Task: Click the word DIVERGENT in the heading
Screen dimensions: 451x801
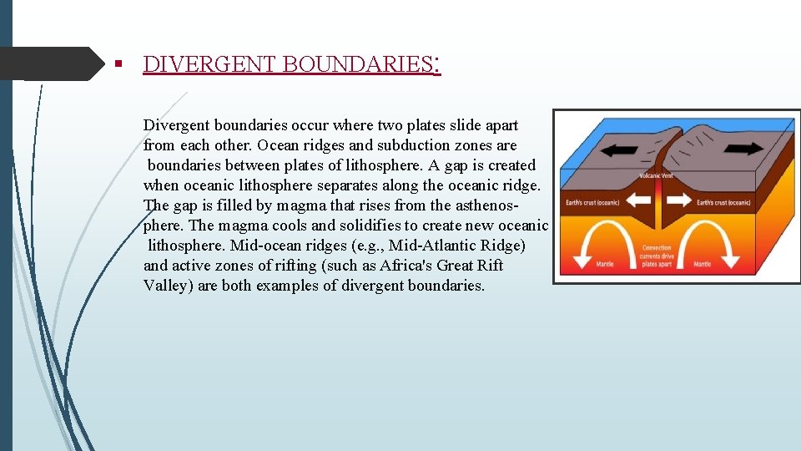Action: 210,64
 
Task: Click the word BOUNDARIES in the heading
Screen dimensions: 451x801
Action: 354,64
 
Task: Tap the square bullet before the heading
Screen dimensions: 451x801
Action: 119,64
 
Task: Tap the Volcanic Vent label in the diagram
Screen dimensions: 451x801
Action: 655,175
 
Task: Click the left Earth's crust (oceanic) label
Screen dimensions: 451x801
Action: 592,202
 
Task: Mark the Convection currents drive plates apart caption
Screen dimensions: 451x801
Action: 657,256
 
